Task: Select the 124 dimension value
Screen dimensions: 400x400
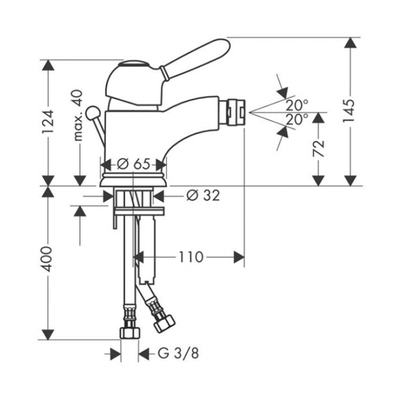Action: click(47, 121)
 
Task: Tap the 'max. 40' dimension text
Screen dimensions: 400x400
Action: click(78, 115)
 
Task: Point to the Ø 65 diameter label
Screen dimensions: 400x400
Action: click(133, 164)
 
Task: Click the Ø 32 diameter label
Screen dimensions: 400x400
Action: click(203, 195)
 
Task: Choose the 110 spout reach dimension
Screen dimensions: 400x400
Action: click(191, 257)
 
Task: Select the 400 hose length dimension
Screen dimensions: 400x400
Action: click(47, 259)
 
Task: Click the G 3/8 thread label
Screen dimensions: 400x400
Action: click(178, 353)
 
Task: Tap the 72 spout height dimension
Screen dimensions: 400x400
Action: click(318, 148)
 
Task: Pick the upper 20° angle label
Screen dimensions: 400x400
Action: click(296, 105)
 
